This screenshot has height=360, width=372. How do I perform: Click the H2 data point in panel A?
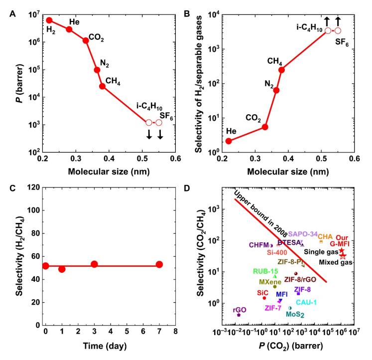click(49, 20)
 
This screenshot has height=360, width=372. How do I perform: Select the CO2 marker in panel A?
click(86, 40)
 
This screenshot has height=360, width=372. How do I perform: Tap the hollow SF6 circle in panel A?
click(159, 123)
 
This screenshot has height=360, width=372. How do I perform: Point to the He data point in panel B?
click(229, 141)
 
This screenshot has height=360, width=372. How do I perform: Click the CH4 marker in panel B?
click(281, 70)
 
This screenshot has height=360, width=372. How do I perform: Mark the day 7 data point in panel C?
click(159, 264)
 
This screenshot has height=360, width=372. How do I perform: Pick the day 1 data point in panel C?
click(62, 269)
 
